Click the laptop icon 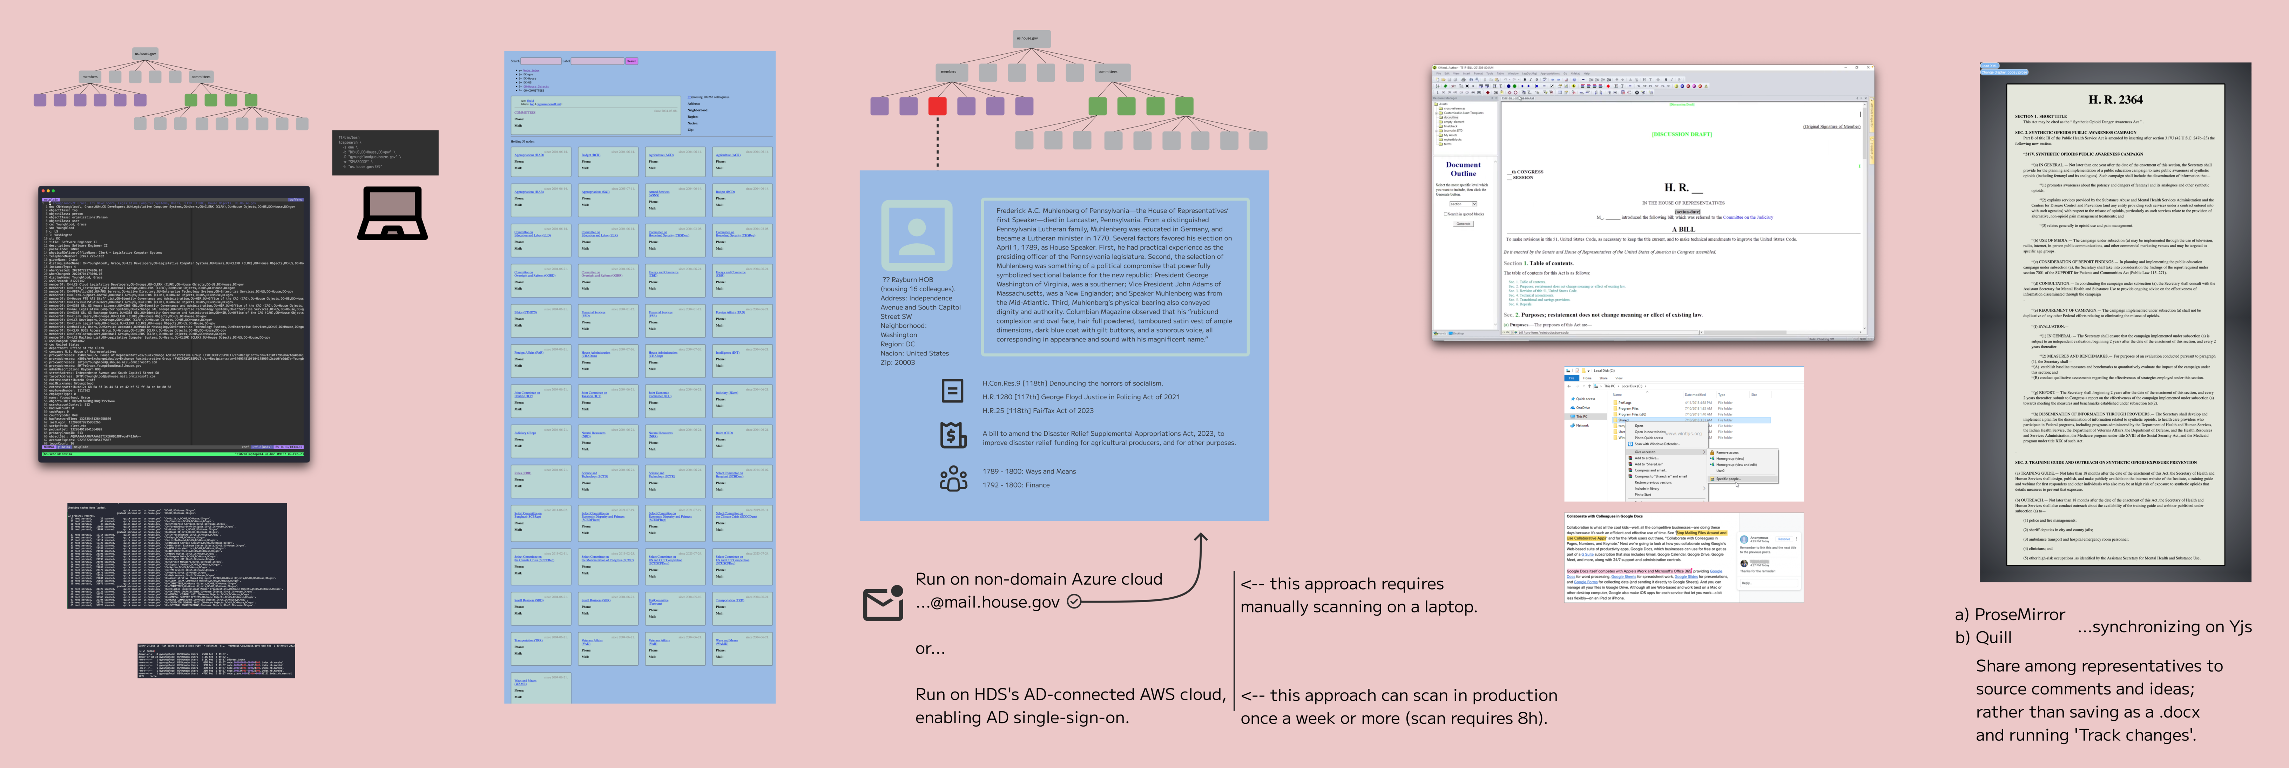coord(392,213)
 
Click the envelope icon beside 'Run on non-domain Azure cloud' coord(882,604)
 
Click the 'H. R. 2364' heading coord(2115,100)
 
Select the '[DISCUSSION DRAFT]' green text coord(1681,134)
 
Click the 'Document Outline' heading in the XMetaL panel coord(1463,169)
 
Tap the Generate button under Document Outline coord(1463,224)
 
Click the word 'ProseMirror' coord(2019,614)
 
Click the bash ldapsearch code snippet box coord(385,153)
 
